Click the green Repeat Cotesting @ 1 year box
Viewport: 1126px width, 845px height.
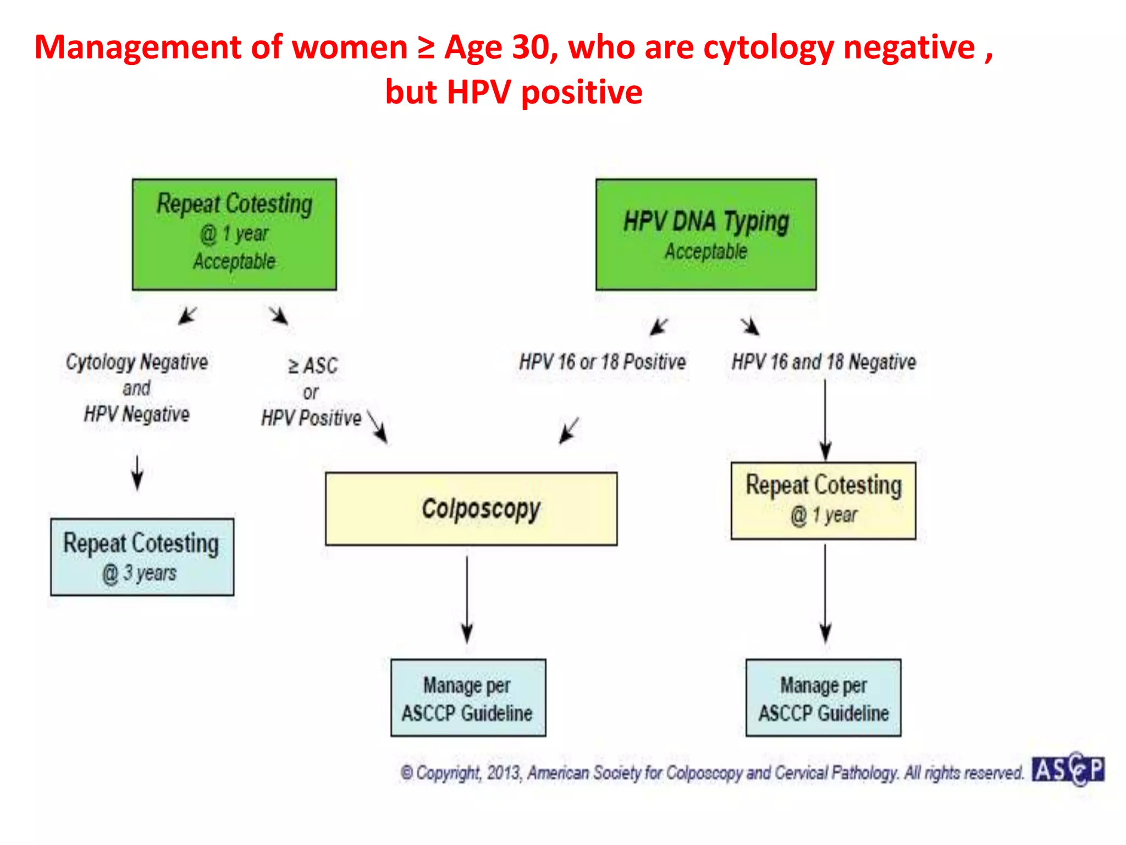coord(234,234)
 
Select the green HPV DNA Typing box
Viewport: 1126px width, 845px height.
coord(706,234)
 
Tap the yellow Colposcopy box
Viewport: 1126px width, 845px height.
coord(471,509)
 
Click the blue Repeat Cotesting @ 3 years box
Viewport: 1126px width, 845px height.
coord(142,557)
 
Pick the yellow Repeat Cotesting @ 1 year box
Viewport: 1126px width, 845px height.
coord(823,501)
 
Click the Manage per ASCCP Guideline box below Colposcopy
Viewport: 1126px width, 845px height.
coord(468,698)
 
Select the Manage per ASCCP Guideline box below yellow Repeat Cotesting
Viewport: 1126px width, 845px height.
coord(823,698)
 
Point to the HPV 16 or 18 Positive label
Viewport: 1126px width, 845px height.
coord(603,362)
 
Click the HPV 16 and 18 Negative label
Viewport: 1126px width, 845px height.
coord(823,362)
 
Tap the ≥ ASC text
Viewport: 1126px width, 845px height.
coord(313,366)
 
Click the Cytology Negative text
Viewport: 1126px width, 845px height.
coord(137,362)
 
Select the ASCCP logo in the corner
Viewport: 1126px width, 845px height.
coord(1068,770)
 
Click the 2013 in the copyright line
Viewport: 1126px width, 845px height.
coord(503,773)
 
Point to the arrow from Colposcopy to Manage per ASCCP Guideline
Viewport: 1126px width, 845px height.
coord(467,600)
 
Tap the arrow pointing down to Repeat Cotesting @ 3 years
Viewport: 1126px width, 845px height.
coord(137,472)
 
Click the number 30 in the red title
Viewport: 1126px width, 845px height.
coord(531,47)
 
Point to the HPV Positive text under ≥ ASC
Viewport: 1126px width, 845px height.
coord(311,418)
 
